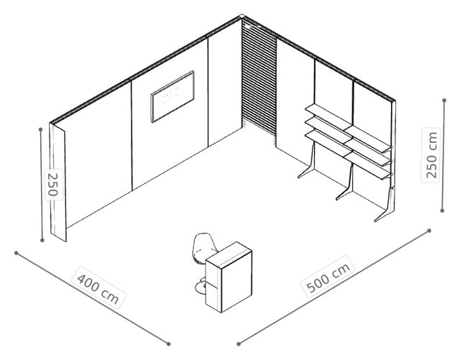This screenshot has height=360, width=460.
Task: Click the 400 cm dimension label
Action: click(x=98, y=287)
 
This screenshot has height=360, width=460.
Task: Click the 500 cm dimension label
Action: click(x=328, y=277)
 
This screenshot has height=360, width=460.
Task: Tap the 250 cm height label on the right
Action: click(x=431, y=155)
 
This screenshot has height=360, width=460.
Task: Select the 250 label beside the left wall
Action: click(x=53, y=185)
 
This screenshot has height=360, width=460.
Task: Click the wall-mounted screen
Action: click(x=172, y=96)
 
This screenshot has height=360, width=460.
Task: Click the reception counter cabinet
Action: click(x=229, y=277)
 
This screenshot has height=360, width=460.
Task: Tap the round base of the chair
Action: click(x=201, y=287)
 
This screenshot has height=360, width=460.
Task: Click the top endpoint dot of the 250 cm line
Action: click(x=444, y=101)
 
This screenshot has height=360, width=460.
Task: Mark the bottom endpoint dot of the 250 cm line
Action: click(x=443, y=211)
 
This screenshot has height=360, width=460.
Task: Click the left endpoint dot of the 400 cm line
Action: click(x=17, y=253)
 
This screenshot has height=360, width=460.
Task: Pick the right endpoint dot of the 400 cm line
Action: click(x=168, y=344)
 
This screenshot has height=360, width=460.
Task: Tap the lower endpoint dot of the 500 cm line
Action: click(x=239, y=344)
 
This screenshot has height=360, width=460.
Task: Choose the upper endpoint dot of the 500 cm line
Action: click(x=429, y=231)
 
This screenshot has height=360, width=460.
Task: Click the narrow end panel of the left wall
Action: click(x=57, y=183)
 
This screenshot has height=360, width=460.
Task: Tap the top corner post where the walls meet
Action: click(x=241, y=16)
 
